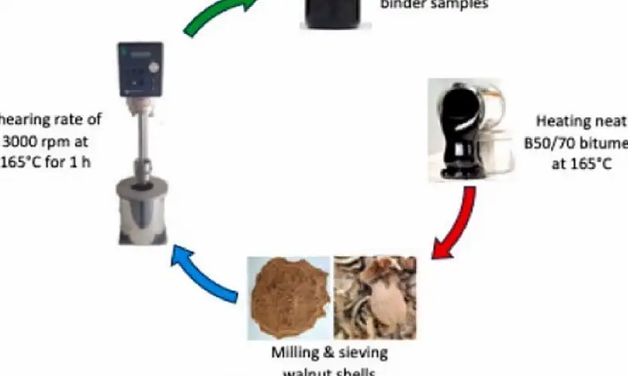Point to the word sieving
(x=360, y=353)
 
